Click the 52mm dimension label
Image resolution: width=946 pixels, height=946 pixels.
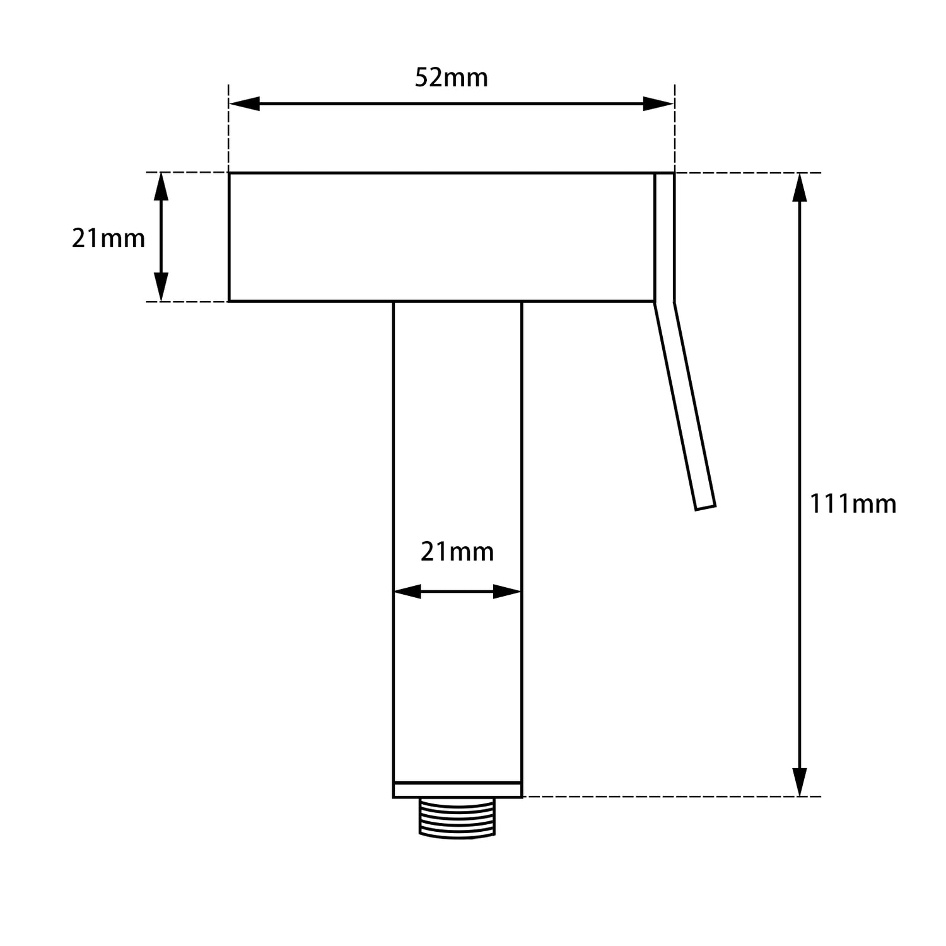click(x=451, y=78)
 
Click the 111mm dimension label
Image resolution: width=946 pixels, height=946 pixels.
click(x=853, y=505)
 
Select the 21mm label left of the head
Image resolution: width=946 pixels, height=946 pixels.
click(x=108, y=239)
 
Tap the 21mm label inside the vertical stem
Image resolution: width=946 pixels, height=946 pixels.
click(x=457, y=552)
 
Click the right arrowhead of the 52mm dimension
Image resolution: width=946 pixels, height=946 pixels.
click(x=658, y=104)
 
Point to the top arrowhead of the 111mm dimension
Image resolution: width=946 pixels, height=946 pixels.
click(x=800, y=187)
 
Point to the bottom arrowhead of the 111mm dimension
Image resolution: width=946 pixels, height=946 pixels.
click(x=800, y=782)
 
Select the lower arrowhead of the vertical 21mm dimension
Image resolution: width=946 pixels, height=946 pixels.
click(x=161, y=288)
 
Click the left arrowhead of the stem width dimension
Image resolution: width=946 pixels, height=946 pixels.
click(x=407, y=592)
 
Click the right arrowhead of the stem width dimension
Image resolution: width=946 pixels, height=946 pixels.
click(x=507, y=592)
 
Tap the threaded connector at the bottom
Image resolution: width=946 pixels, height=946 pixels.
click(x=457, y=818)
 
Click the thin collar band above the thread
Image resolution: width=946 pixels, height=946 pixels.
click(x=457, y=790)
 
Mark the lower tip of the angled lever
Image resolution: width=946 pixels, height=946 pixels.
click(x=706, y=506)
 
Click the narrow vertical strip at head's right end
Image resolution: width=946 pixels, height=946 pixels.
click(x=665, y=237)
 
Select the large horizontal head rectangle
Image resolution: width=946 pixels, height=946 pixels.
click(x=441, y=237)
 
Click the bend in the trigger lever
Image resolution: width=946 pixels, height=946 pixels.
click(x=665, y=303)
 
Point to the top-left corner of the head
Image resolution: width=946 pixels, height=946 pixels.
click(x=229, y=173)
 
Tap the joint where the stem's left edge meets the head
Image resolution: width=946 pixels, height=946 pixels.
click(x=394, y=301)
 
